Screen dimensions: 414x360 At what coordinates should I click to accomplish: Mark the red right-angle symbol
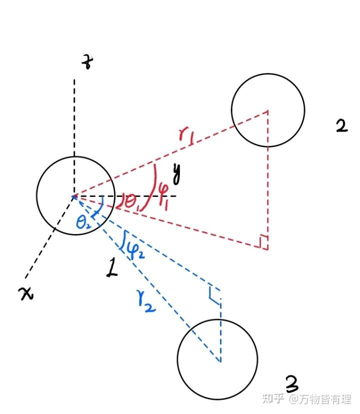tap(262, 242)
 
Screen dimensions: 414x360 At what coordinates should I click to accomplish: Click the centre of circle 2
tap(268, 110)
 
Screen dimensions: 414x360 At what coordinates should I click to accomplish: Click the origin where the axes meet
tap(74, 195)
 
